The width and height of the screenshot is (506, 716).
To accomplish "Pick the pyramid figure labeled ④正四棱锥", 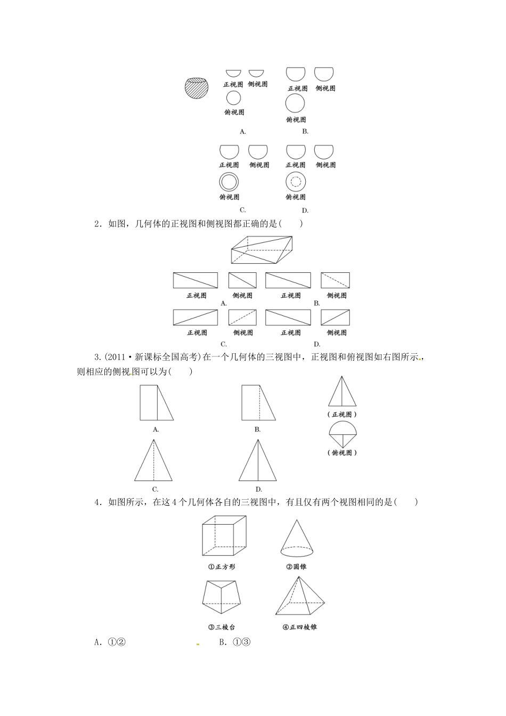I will click(299, 596).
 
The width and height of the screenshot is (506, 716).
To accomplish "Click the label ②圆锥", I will click(297, 567).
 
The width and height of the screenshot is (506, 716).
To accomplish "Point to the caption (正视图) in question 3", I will click(342, 414).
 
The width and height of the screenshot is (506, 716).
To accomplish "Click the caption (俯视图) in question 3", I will click(342, 453).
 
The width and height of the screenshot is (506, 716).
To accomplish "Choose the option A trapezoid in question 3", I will click(156, 403).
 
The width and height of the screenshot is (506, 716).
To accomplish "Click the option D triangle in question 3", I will click(258, 460).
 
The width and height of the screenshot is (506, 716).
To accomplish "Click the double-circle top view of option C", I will click(228, 183).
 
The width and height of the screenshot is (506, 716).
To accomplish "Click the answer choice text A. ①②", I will click(110, 642).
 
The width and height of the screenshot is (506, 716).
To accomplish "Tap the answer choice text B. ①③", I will click(235, 642).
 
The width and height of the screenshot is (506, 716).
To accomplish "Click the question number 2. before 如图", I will click(97, 224).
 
